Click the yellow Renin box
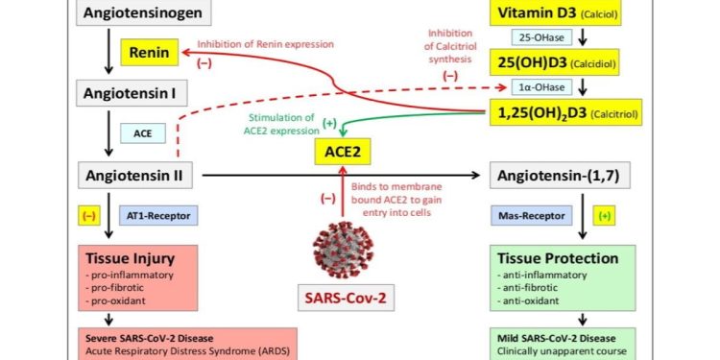(152, 55)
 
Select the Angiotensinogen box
(144, 14)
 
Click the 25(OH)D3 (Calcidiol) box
(565, 62)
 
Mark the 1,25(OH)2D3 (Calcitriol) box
(565, 113)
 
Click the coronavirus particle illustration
(341, 246)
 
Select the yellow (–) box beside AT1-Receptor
(90, 217)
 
